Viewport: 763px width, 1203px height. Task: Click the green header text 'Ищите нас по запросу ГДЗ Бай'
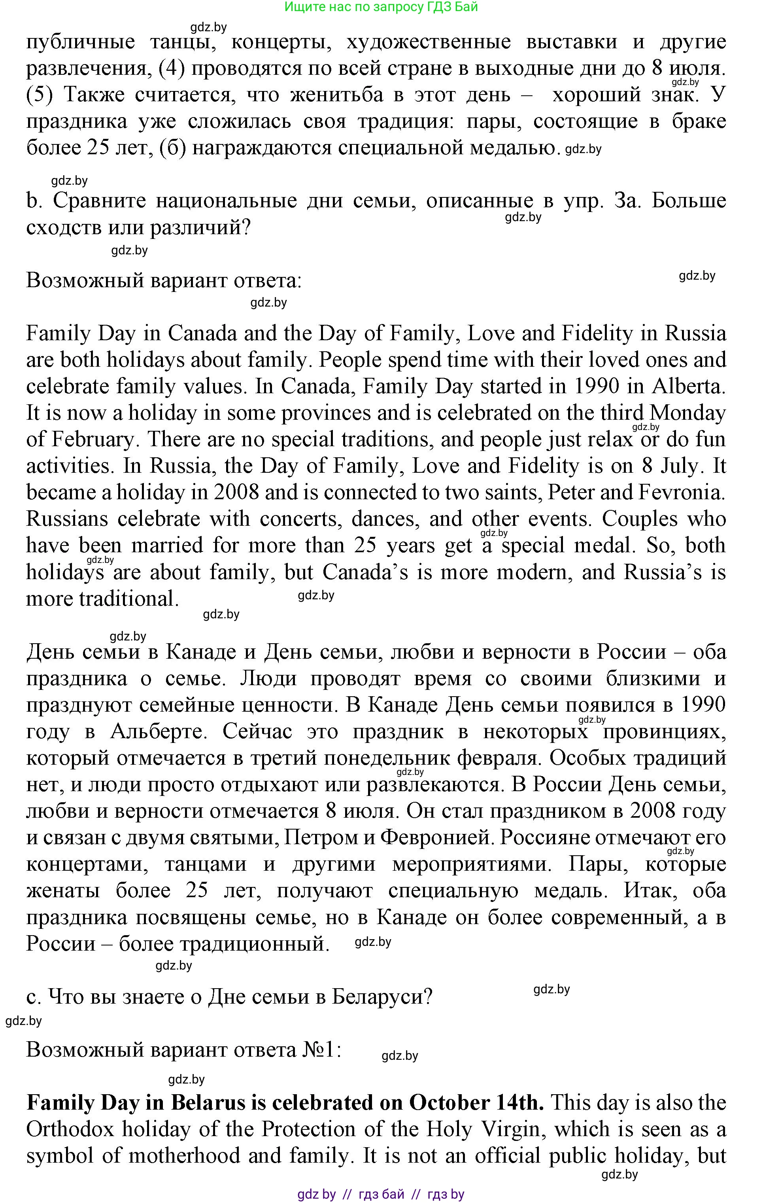click(x=381, y=7)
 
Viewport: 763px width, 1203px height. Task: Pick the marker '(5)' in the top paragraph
click(x=40, y=95)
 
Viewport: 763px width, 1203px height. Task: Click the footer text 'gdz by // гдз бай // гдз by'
click(x=381, y=1194)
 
